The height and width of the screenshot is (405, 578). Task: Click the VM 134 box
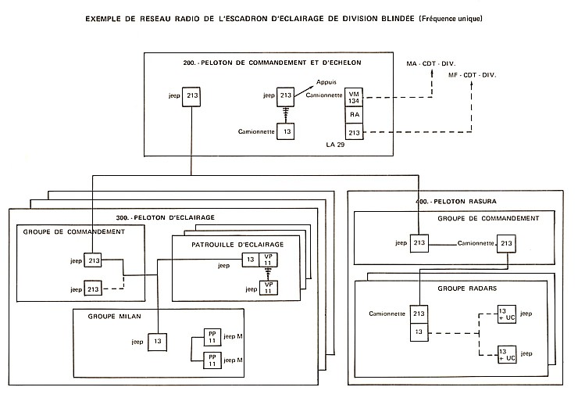(x=355, y=96)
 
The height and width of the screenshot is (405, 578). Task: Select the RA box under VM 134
(x=355, y=114)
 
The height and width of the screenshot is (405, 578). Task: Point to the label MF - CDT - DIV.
(x=473, y=75)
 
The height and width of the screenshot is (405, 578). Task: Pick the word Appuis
(x=326, y=81)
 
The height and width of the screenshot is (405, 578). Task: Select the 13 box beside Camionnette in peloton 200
(x=288, y=132)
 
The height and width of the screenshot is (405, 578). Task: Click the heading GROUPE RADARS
(x=429, y=289)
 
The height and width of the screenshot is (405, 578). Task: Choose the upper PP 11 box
(x=211, y=338)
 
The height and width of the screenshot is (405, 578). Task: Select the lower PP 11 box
(x=211, y=360)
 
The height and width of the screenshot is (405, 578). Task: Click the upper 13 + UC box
(x=508, y=314)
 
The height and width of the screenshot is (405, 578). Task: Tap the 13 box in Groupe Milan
(x=157, y=342)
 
